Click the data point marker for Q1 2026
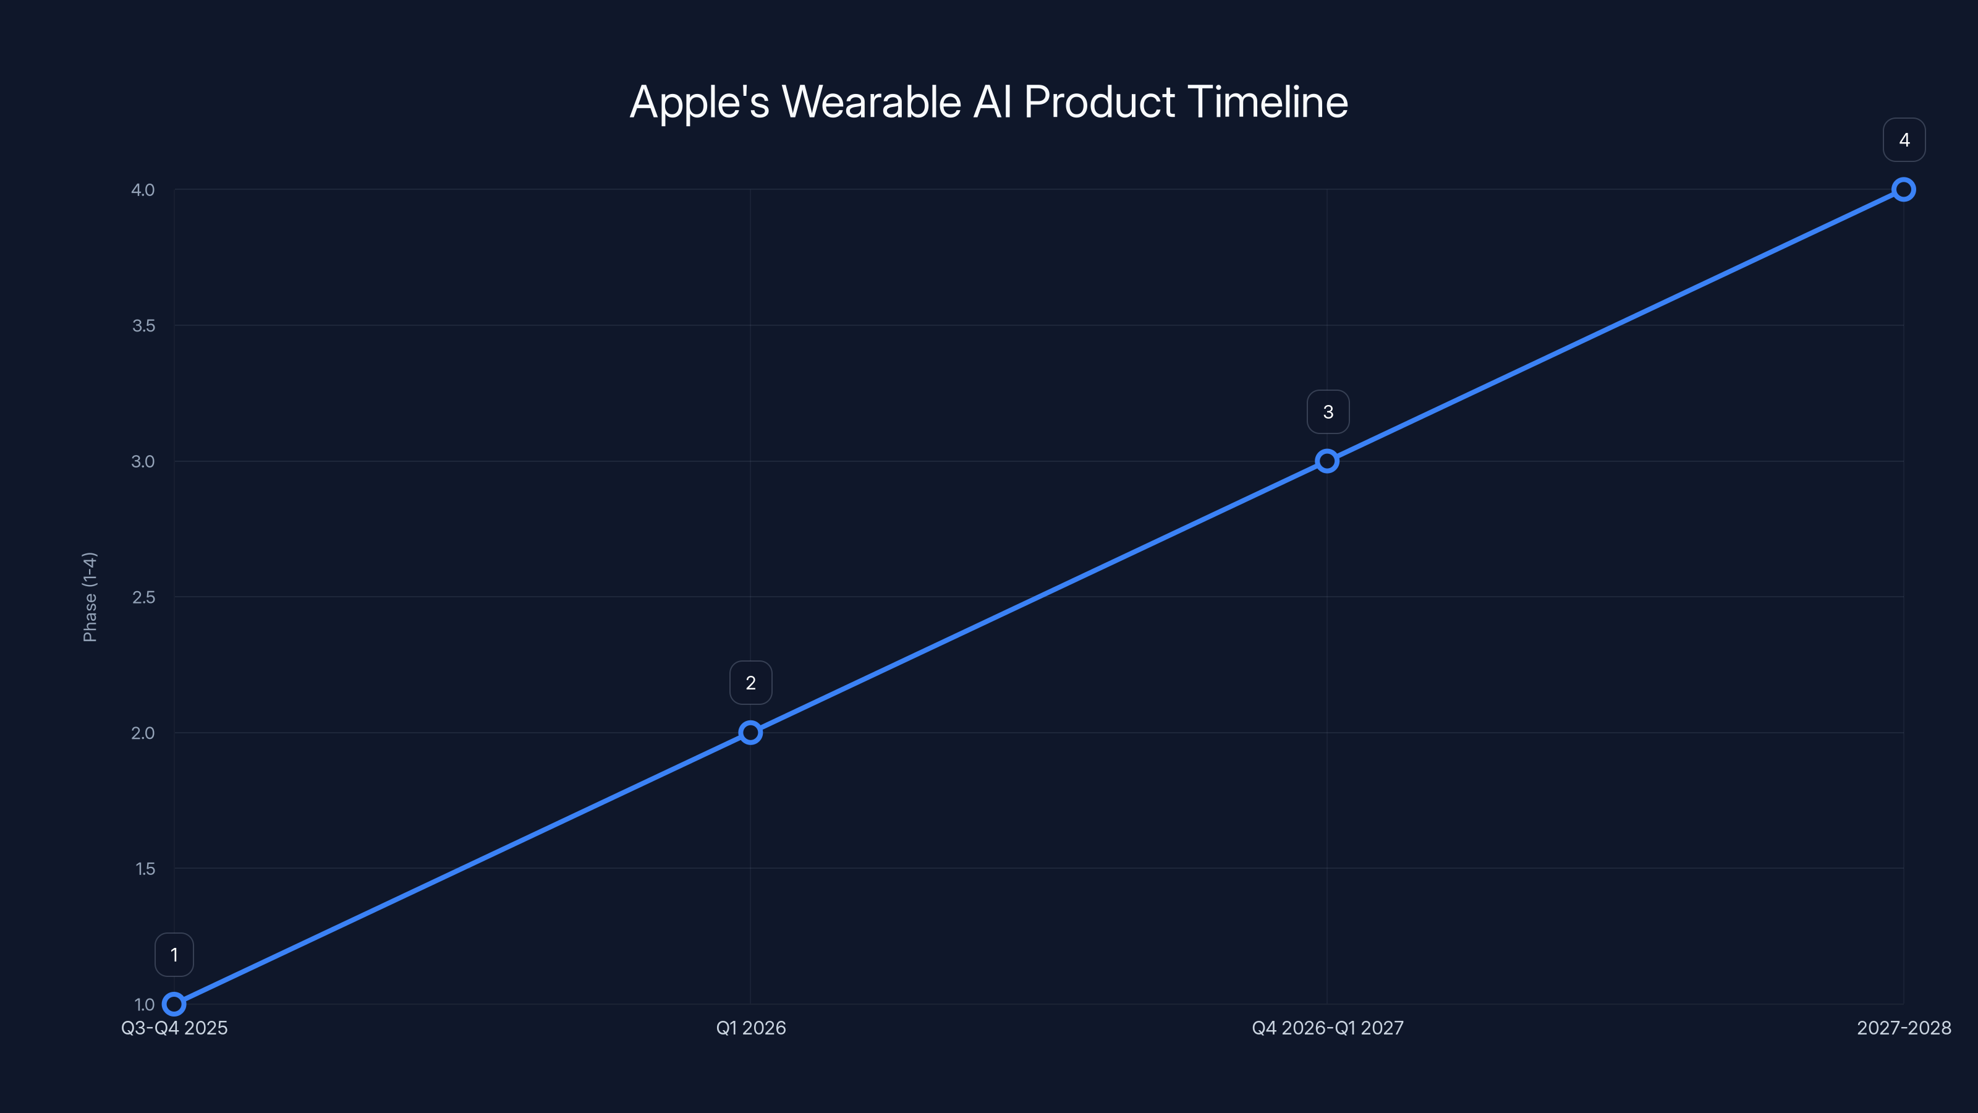point(750,733)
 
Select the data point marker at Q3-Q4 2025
point(174,1004)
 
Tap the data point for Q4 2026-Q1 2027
point(1327,461)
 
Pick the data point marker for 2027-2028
point(1904,190)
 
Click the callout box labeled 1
point(174,955)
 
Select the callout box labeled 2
point(750,683)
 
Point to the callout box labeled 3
point(1328,412)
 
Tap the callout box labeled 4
point(1904,140)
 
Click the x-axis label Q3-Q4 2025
point(174,1028)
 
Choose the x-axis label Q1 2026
point(750,1028)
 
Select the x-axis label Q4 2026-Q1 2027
point(1328,1028)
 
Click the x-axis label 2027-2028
point(1904,1028)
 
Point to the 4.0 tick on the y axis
point(143,190)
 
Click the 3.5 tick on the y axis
point(143,326)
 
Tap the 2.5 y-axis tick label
point(143,597)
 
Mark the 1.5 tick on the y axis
point(145,869)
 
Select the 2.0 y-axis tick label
point(143,733)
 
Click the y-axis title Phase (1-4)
point(90,597)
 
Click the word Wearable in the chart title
point(871,102)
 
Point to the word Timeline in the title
point(1268,102)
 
